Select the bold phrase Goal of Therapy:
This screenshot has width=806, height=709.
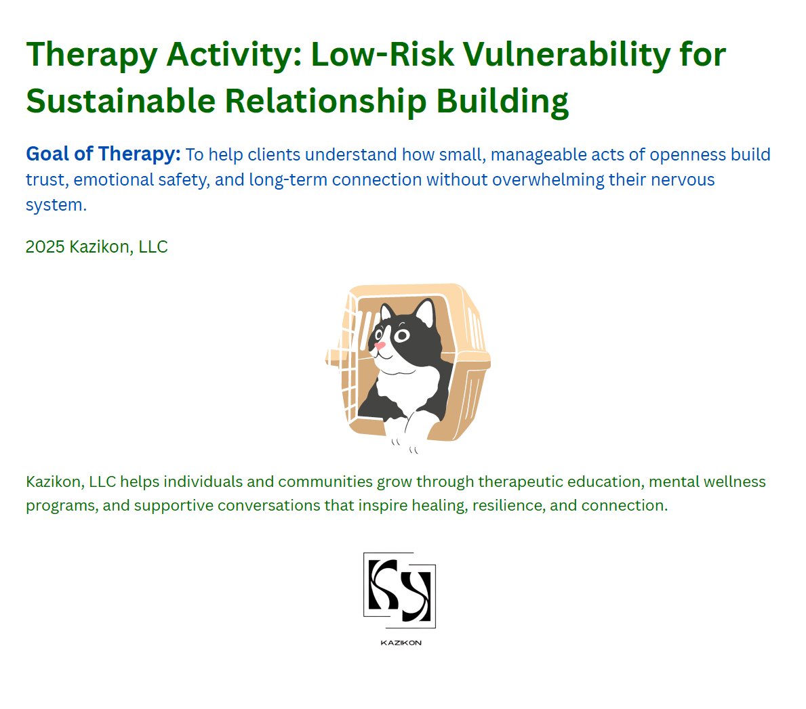point(103,154)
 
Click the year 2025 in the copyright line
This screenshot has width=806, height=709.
point(45,246)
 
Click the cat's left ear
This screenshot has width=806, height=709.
point(386,313)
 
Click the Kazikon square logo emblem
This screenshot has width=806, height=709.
point(399,590)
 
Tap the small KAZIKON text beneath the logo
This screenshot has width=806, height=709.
point(401,643)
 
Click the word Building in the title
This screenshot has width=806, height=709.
point(502,101)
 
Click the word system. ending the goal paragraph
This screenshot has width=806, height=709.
point(56,205)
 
